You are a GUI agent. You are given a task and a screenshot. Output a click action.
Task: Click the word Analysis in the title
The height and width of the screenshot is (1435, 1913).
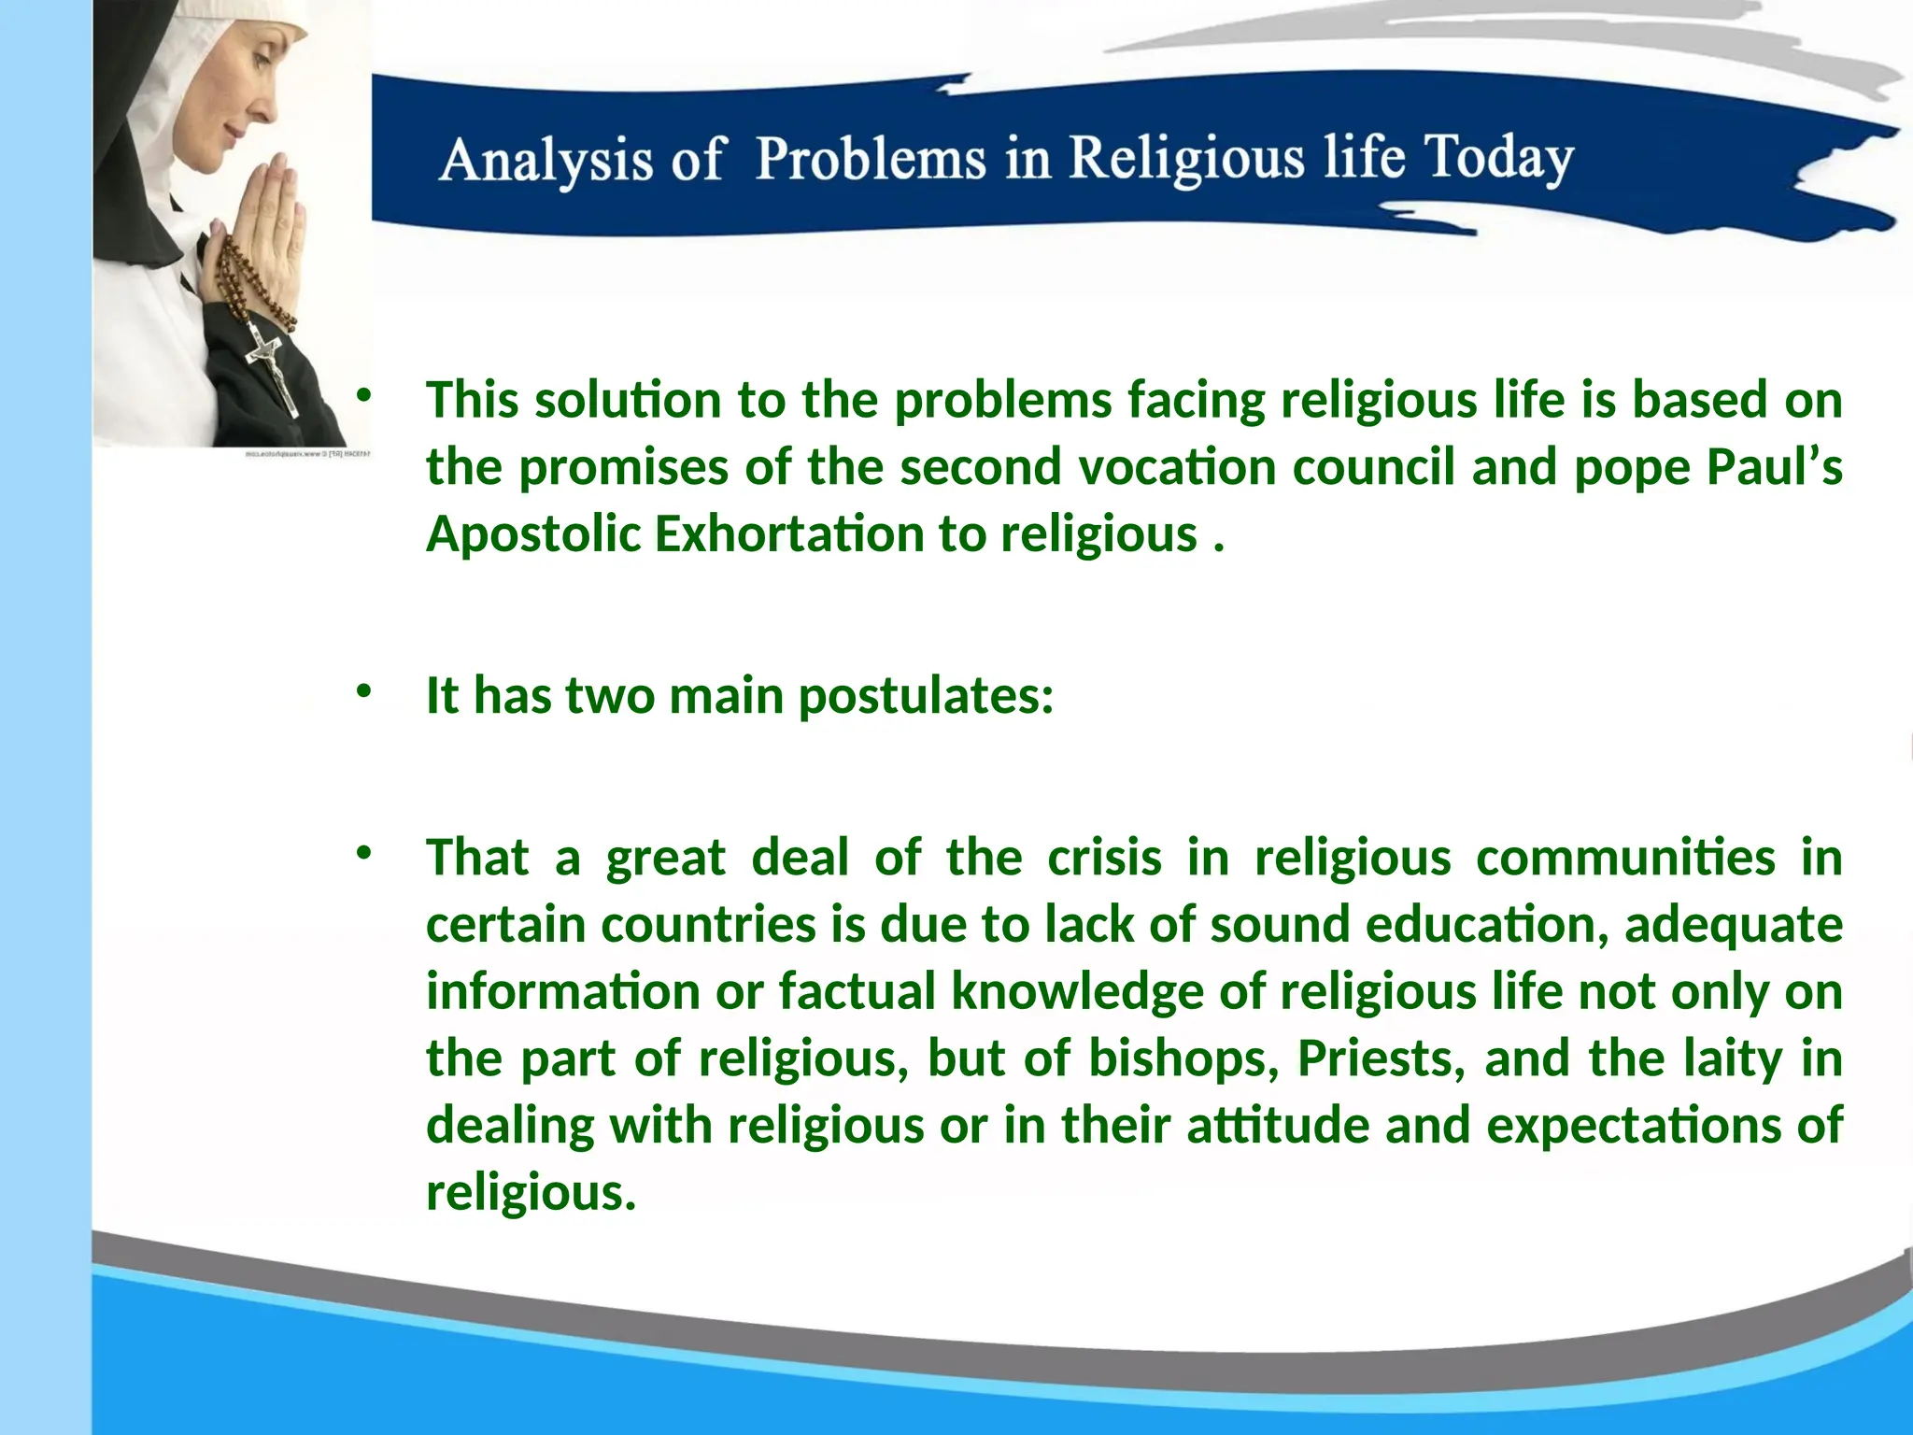[x=546, y=160]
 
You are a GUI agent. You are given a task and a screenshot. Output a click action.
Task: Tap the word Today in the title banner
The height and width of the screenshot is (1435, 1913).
[x=1498, y=157]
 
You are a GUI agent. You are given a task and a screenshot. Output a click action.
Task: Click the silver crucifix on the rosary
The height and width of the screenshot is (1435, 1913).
[x=273, y=369]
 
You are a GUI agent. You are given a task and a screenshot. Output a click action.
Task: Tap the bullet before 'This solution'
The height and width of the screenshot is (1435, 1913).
[x=363, y=396]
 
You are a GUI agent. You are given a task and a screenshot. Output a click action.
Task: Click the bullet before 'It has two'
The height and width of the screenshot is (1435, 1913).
[x=363, y=691]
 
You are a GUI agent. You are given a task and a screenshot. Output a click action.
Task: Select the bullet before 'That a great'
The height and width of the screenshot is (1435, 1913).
[x=363, y=852]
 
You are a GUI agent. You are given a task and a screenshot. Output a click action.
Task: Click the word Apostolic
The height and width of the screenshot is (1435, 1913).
[x=533, y=534]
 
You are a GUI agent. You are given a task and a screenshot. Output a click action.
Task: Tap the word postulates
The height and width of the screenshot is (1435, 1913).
[x=925, y=697]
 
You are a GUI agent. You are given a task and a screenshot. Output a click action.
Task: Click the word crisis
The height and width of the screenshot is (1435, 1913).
[x=1104, y=858]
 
